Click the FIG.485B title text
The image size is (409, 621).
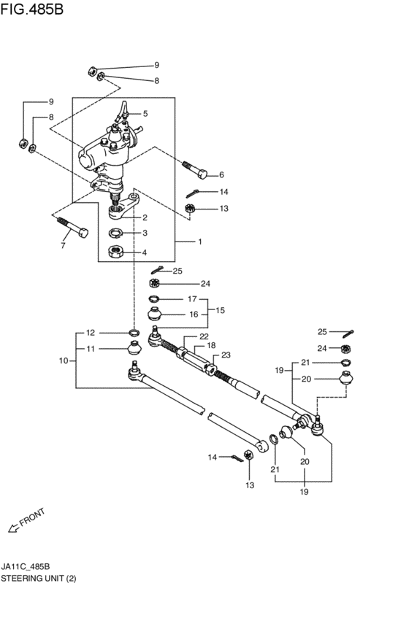[x=31, y=9]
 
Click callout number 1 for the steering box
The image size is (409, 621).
[x=200, y=242]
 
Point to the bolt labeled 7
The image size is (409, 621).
[x=73, y=228]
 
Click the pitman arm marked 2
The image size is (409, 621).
[x=123, y=206]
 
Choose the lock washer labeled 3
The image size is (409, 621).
[x=115, y=233]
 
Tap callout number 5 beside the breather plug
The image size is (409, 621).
[x=145, y=114]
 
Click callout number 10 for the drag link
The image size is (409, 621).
[x=64, y=360]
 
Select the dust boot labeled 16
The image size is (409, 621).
[x=155, y=314]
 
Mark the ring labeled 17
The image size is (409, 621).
[x=154, y=298]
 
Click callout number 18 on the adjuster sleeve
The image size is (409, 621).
[x=211, y=345]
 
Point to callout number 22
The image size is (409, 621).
[x=204, y=336]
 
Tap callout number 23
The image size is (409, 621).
[x=226, y=355]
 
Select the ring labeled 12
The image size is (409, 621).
[x=134, y=332]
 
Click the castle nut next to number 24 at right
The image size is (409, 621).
[x=346, y=349]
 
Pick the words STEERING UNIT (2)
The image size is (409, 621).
[x=39, y=578]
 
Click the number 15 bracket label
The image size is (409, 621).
[x=220, y=310]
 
